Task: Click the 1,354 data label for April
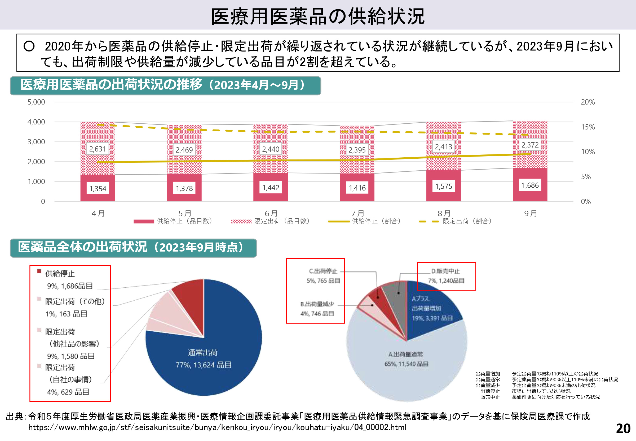click(x=98, y=188)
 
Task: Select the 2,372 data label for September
click(x=530, y=145)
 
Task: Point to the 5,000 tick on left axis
click(x=36, y=102)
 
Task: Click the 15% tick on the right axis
click(x=588, y=127)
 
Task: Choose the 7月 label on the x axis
click(x=357, y=213)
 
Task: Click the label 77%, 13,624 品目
click(x=204, y=365)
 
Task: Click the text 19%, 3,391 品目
click(x=432, y=318)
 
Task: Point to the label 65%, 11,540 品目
click(x=407, y=364)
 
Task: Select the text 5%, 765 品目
click(x=323, y=280)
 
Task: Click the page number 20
click(x=623, y=429)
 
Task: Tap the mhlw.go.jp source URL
click(x=217, y=427)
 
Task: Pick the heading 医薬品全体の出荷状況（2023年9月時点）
click(x=131, y=247)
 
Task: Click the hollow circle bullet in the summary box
click(x=29, y=46)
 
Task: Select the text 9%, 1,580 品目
click(x=71, y=356)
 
